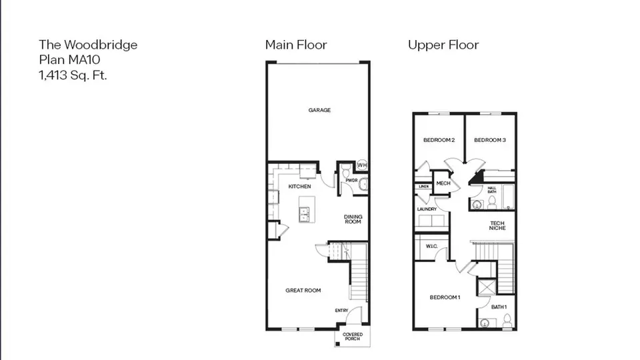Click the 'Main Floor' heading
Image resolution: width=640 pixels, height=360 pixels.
[296, 45]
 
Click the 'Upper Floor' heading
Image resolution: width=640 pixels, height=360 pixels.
[443, 45]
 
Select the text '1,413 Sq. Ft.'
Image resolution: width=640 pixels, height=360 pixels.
[73, 75]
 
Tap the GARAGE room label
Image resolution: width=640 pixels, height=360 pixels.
[319, 110]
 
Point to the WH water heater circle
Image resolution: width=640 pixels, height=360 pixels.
[362, 165]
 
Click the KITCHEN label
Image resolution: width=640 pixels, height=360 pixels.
[299, 187]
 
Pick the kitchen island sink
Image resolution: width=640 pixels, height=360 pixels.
[304, 214]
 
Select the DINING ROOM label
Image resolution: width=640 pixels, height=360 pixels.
[353, 219]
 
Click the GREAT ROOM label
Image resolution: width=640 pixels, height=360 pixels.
[303, 291]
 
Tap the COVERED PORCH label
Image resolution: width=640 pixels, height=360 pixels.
[353, 336]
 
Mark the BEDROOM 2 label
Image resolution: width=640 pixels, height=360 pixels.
[439, 140]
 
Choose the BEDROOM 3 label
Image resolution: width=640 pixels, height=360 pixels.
[490, 140]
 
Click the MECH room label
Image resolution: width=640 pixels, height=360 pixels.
[443, 183]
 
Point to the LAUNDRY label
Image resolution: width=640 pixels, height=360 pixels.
[427, 209]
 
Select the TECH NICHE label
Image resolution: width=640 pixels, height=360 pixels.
[497, 226]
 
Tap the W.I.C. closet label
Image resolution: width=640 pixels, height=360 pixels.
[431, 246]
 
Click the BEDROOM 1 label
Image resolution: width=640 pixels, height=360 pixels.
[445, 297]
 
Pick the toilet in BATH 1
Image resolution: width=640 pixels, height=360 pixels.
[507, 320]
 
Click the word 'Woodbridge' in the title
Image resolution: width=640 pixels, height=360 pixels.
[101, 45]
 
